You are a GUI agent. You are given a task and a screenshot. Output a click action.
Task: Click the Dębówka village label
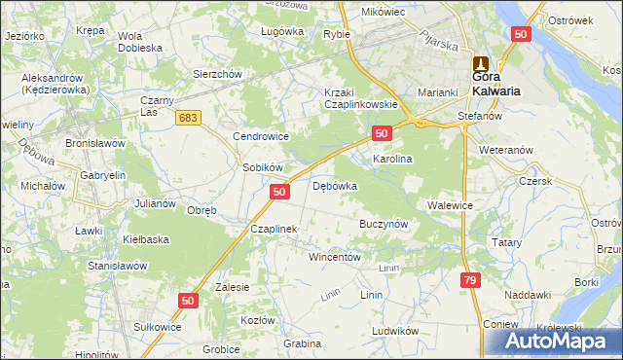(x=335, y=186)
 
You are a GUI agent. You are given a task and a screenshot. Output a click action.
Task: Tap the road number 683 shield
(x=189, y=117)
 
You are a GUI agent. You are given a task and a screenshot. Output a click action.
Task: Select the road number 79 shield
(x=471, y=280)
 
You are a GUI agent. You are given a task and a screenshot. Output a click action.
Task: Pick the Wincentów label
(x=335, y=257)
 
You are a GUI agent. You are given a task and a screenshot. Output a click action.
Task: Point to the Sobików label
(x=262, y=167)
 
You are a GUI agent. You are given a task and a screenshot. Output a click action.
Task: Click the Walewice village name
(x=450, y=205)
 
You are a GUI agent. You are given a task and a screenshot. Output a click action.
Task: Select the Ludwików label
(x=394, y=330)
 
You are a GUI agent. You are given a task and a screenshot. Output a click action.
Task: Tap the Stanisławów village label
(x=117, y=265)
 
